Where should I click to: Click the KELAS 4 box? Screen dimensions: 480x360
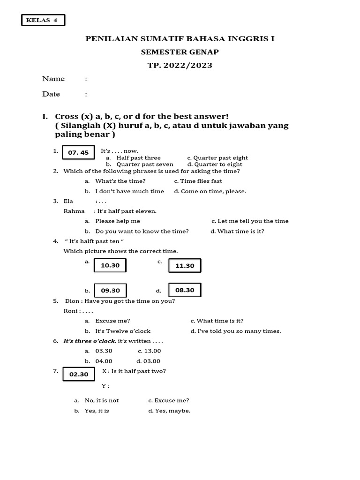point(43,20)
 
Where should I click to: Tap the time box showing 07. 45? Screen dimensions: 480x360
point(78,153)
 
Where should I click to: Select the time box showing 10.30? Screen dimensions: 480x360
point(110,265)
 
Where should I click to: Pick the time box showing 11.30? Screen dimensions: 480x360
point(185,266)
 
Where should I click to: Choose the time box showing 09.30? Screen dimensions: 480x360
point(111,291)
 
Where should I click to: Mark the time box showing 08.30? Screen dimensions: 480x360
point(185,290)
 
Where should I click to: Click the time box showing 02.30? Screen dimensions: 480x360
point(79,375)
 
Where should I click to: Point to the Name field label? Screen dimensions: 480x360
point(53,79)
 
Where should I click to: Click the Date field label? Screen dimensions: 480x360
point(51,94)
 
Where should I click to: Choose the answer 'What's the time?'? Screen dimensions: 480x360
point(120,181)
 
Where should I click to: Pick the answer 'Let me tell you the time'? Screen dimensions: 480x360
point(253,221)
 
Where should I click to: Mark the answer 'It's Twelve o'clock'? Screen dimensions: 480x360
point(123,331)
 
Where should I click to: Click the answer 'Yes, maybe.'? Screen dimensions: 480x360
point(172,411)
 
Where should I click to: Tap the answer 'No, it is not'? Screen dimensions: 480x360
point(102,401)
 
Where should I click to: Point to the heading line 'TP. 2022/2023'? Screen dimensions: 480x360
point(180,66)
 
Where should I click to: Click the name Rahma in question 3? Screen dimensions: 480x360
point(74,211)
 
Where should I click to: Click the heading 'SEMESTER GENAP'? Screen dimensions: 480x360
point(180,52)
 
